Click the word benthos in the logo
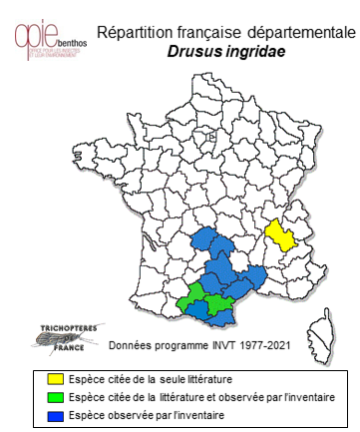pyautogui.click(x=71, y=45)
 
